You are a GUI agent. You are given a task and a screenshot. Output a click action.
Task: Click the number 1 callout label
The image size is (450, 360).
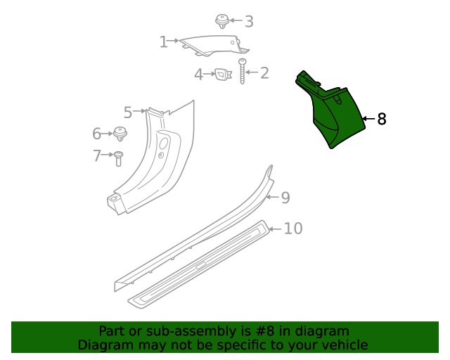pos(163,42)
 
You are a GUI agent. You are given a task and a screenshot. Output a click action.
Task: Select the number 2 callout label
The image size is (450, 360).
pos(264,72)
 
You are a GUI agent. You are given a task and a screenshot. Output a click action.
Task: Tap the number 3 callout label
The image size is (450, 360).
pos(248,22)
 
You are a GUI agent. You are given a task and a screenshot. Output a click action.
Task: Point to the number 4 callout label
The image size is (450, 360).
pos(199,74)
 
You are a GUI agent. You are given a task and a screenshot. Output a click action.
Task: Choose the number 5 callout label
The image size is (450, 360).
pos(128,112)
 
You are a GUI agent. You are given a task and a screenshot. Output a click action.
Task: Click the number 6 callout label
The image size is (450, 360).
pos(97,134)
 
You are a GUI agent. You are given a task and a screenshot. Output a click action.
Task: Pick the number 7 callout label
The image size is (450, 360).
pos(97,156)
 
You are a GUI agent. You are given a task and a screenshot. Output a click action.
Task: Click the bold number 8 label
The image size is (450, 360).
pos(382,120)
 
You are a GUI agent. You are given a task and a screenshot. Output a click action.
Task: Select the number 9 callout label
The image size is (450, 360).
pos(285,198)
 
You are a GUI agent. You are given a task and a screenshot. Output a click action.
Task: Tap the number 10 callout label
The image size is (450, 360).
pos(293,229)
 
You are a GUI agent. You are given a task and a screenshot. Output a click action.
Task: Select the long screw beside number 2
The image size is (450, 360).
pos(243,72)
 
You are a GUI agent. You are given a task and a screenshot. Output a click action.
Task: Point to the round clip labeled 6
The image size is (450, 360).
pos(121,133)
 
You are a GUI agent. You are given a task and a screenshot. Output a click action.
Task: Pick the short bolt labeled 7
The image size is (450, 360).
pos(118,157)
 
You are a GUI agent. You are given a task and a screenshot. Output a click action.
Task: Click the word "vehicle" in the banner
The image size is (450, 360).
pos(343,345)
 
